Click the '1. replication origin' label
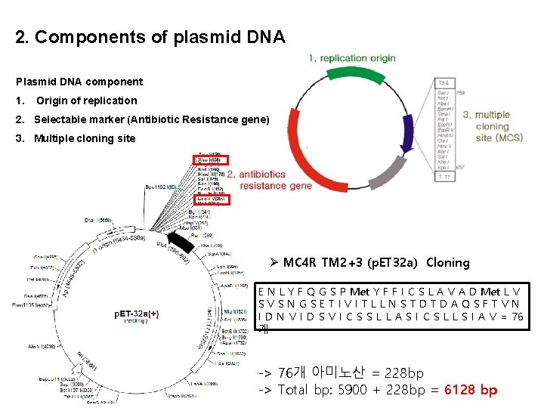tap(352, 58)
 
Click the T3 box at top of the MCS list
tap(444, 82)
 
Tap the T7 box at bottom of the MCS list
tap(444, 176)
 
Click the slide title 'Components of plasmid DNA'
tap(150, 37)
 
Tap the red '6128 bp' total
tap(471, 390)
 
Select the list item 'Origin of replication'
tap(86, 100)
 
